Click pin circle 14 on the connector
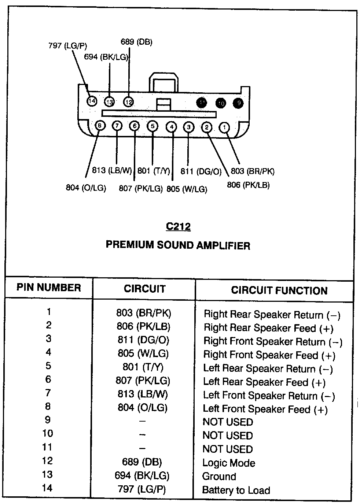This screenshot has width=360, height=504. point(92,101)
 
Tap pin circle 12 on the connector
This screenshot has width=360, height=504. point(128,102)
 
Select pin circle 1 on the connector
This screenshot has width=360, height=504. point(224,127)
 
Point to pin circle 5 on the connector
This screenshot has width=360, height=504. point(153,126)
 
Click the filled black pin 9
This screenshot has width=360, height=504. point(238,103)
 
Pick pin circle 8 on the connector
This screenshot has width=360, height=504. point(99,126)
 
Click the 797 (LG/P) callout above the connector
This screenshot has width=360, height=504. point(67,46)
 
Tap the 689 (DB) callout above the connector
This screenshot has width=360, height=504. point(136,42)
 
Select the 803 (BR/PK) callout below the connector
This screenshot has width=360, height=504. point(253,171)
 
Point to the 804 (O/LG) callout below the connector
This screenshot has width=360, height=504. point(86,188)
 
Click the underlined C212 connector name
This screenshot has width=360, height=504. point(178,226)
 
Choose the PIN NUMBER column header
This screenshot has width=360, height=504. point(48,287)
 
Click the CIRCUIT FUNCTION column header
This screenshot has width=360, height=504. point(279,290)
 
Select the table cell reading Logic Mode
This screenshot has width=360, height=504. point(229,463)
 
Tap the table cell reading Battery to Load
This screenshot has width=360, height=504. point(236,490)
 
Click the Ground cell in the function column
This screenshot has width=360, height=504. point(219,477)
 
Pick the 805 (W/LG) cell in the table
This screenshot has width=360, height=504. point(143,353)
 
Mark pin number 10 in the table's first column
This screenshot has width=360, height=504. point(48,434)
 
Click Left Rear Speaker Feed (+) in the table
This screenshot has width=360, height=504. point(264,382)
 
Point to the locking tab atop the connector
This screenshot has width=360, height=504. point(164,82)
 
